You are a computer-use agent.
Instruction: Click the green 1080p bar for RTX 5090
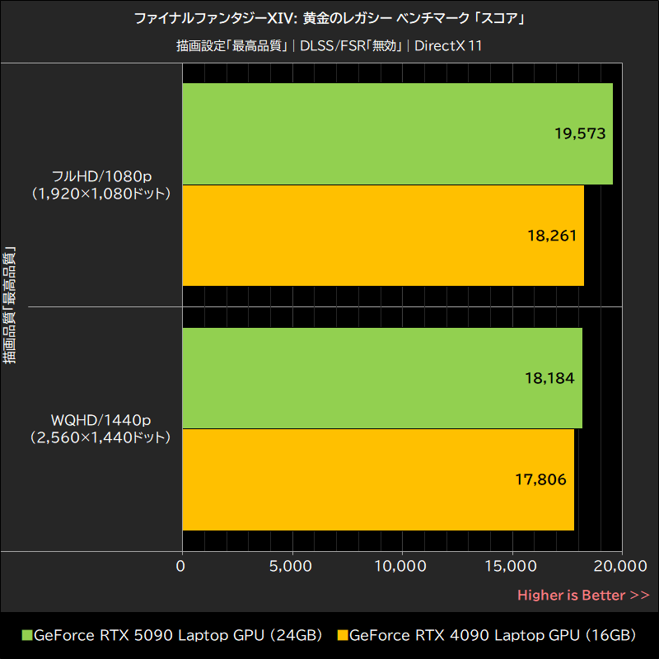click(395, 133)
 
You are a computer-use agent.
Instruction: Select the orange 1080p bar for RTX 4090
click(382, 236)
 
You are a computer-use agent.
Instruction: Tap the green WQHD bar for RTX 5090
click(381, 378)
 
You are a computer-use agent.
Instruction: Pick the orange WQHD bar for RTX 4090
click(377, 479)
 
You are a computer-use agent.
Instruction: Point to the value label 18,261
click(551, 236)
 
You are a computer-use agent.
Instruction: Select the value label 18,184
click(549, 378)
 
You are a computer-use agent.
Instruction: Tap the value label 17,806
click(541, 479)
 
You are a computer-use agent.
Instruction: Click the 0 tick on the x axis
click(181, 567)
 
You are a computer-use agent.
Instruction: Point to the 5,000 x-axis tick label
click(291, 567)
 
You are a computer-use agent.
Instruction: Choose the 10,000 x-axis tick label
click(400, 567)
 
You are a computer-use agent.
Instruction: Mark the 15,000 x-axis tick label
click(511, 567)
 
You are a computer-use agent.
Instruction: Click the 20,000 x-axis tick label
click(620, 567)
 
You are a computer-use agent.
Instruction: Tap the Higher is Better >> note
click(583, 595)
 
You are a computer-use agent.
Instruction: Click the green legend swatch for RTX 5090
click(26, 636)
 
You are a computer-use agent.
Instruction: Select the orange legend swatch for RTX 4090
click(343, 636)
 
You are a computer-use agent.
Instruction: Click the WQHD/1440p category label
click(100, 421)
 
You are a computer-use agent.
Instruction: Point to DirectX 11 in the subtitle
click(448, 45)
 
